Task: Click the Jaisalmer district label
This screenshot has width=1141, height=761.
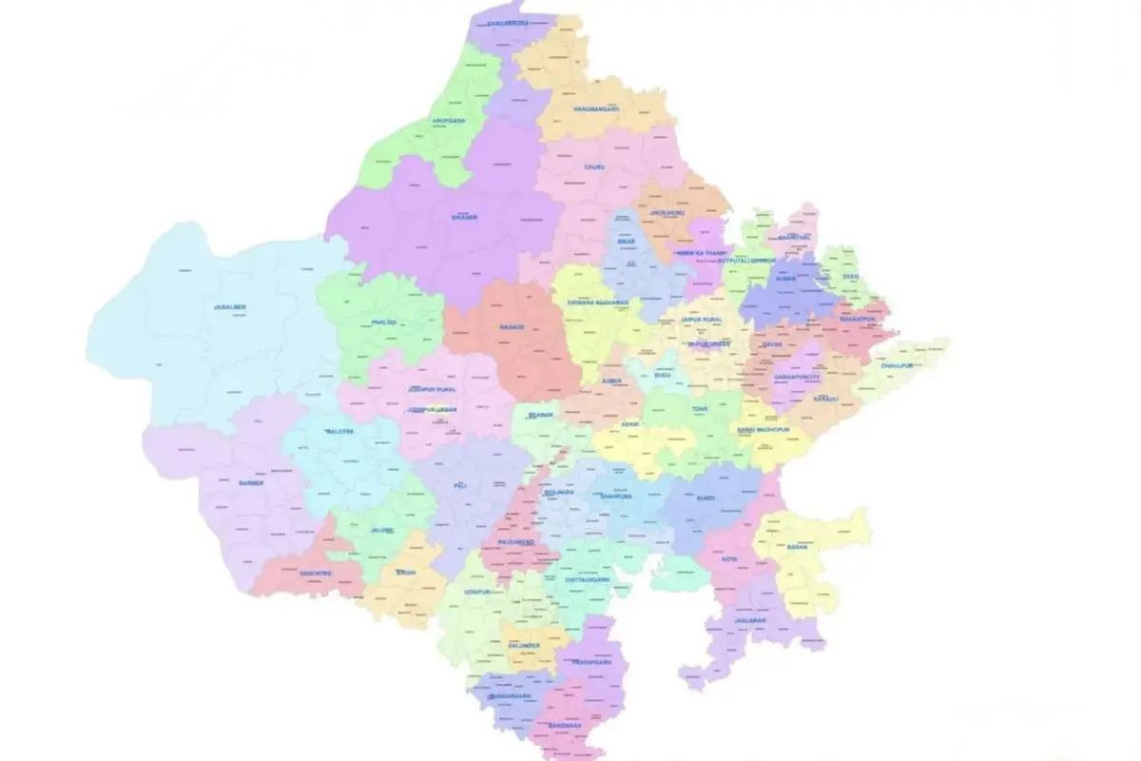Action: pos(230,307)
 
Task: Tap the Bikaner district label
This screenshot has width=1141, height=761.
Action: pos(465,218)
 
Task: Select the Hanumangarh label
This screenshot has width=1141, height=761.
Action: pos(596,109)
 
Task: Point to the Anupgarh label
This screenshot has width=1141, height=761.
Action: pos(447,122)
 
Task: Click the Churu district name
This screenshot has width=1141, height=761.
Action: pos(594,166)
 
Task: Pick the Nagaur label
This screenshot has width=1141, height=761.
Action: pos(511,327)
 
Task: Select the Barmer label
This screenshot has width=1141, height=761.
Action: pos(250,483)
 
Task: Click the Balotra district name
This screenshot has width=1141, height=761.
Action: pos(339,431)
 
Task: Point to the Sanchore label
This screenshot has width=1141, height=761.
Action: pos(316,573)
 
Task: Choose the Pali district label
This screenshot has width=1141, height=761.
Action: pos(461,485)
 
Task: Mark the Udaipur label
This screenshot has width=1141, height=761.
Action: pos(476,592)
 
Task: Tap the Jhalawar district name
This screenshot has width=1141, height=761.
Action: pos(749,620)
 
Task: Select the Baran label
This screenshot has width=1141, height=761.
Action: pos(797,548)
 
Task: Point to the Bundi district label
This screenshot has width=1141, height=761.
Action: pos(705,497)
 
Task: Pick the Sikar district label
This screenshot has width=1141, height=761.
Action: pos(626,243)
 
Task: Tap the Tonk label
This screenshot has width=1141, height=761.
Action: pos(700,409)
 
